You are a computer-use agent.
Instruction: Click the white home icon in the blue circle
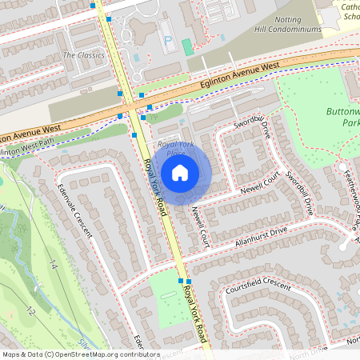pyautogui.click(x=180, y=172)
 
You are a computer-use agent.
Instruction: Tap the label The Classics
pyautogui.click(x=84, y=55)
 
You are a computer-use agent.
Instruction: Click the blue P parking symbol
pyautogui.click(x=168, y=40)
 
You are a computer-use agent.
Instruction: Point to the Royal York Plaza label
pyautogui.click(x=171, y=147)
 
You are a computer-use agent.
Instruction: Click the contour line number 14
pyautogui.click(x=53, y=265)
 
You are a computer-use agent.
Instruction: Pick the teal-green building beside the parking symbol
pyautogui.click(x=187, y=47)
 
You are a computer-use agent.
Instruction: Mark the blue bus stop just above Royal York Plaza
pyautogui.click(x=134, y=135)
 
